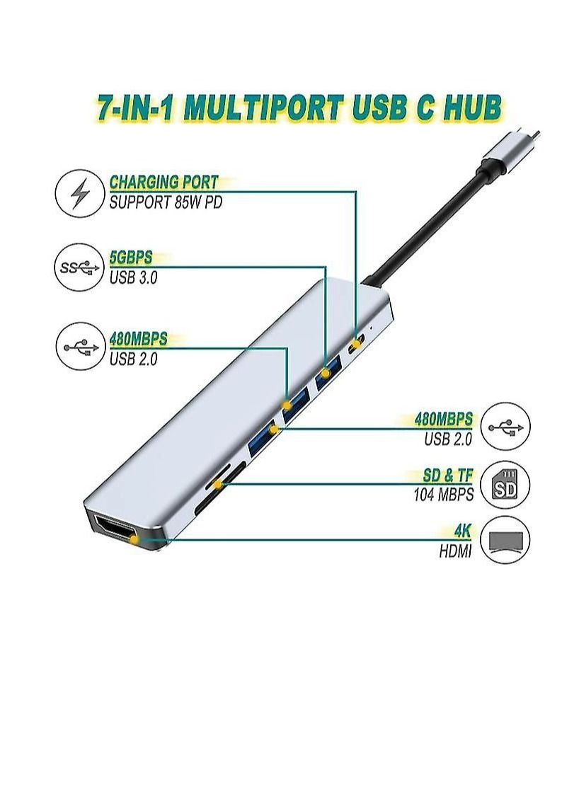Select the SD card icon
[505, 485]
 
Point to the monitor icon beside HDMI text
[505, 539]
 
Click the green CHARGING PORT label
[164, 183]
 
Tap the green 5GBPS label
[131, 258]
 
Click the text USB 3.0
[133, 277]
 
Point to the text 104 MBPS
[443, 495]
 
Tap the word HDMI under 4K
[455, 549]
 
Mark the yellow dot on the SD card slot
[219, 485]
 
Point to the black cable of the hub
[432, 226]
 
